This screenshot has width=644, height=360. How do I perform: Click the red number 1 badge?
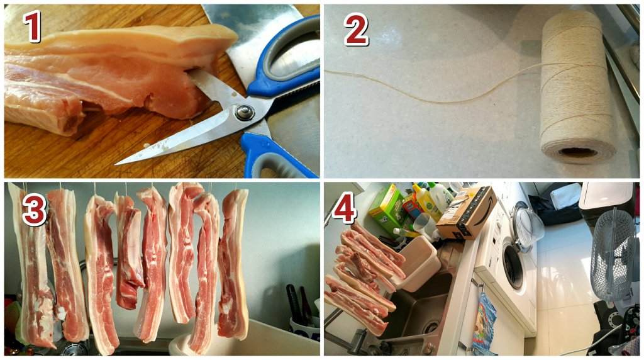pyautogui.click(x=31, y=26)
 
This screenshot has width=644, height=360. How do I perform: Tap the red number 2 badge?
pyautogui.click(x=356, y=29)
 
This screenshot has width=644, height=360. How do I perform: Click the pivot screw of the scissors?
pyautogui.click(x=245, y=112)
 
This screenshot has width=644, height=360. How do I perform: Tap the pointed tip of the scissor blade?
pyautogui.click(x=116, y=164)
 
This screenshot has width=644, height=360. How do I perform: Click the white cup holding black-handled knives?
pyautogui.click(x=304, y=327)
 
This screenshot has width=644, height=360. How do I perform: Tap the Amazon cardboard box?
pyautogui.click(x=466, y=212)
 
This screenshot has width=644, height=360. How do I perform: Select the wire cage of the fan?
pyautogui.click(x=612, y=255)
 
